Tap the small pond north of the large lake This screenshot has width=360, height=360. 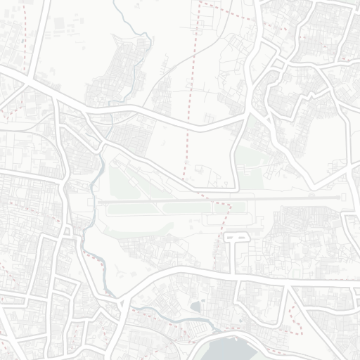(x=195, y=307)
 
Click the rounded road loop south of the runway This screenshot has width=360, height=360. (x=237, y=238)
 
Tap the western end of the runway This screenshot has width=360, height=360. (x=100, y=201)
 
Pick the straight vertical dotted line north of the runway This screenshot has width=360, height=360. (x=189, y=105)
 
